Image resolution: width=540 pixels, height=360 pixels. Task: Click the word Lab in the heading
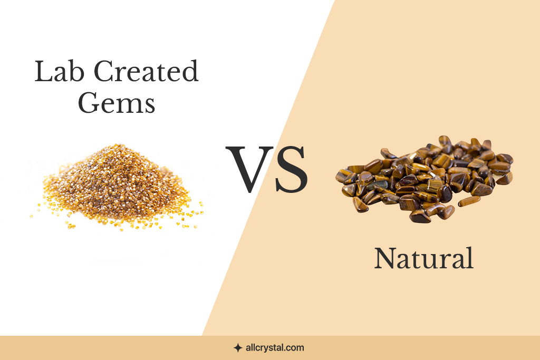click(60, 71)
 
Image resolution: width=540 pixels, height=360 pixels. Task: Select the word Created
click(146, 71)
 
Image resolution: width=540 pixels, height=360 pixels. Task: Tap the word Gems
click(117, 103)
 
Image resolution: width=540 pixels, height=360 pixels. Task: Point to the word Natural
click(424, 258)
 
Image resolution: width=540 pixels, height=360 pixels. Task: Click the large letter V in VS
click(249, 169)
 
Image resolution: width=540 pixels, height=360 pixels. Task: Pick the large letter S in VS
click(291, 169)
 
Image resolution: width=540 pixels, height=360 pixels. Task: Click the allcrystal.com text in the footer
click(275, 347)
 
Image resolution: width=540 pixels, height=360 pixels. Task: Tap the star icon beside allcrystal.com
click(238, 348)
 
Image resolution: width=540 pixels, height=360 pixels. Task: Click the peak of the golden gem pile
click(118, 146)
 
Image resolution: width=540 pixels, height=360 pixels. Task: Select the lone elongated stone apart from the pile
click(469, 201)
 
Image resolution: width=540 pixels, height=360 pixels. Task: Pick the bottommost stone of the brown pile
click(419, 217)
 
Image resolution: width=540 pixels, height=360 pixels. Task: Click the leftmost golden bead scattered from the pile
click(31, 216)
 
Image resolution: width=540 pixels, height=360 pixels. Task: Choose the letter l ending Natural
click(470, 258)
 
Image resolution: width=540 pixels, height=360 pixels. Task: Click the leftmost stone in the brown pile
click(343, 176)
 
